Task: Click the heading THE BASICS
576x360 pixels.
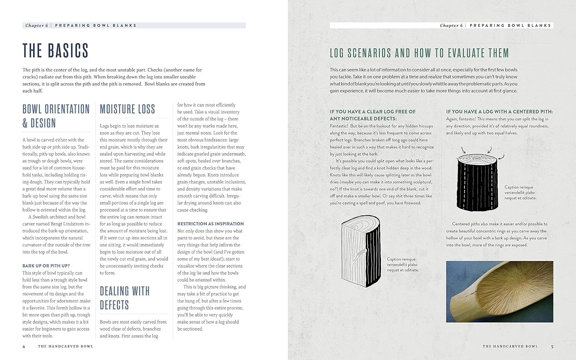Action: click(55, 51)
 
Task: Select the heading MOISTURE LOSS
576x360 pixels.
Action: click(127, 109)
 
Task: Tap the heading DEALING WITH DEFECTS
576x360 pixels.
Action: click(124, 298)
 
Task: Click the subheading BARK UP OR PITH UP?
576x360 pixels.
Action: click(46, 266)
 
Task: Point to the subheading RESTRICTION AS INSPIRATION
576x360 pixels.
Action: click(210, 224)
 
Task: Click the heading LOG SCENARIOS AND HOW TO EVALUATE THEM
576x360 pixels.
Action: click(419, 53)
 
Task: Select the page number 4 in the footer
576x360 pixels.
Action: click(24, 347)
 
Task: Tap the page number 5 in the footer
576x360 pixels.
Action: click(552, 347)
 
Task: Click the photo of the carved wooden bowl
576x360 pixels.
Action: click(500, 292)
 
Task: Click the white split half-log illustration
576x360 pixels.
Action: click(361, 249)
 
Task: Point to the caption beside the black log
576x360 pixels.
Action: click(520, 193)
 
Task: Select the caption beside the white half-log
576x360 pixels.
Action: click(403, 264)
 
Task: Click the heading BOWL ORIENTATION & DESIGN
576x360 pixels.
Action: click(56, 116)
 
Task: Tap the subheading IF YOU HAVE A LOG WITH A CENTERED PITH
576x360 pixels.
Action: click(499, 112)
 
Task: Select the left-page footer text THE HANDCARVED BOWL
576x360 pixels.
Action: click(66, 347)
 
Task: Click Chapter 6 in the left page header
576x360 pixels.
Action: click(37, 26)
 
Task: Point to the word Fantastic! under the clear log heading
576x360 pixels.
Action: click(339, 126)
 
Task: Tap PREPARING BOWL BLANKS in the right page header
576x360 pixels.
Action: click(510, 26)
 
